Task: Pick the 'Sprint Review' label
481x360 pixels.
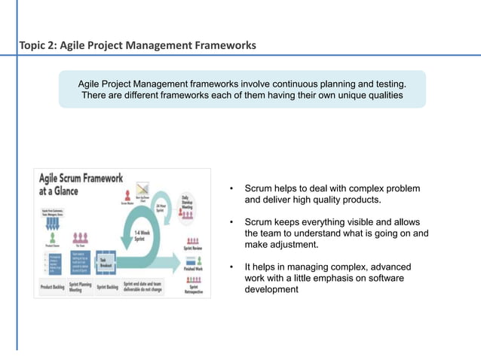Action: point(192,246)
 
